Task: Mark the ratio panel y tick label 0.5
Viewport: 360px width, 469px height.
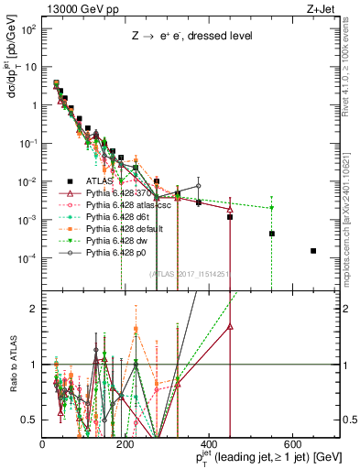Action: click(x=31, y=420)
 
